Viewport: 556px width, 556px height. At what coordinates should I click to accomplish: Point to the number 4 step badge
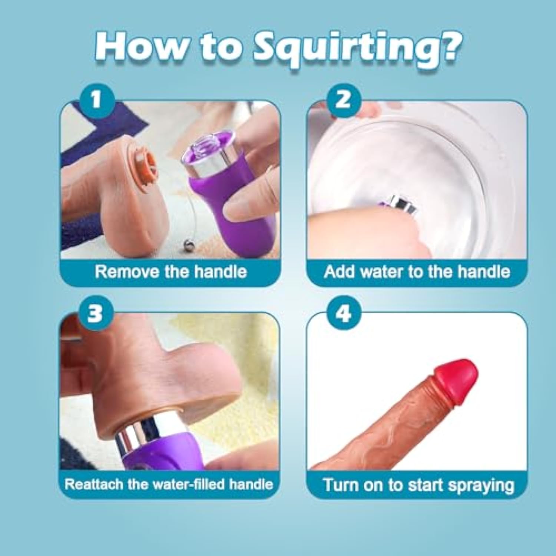pos(343,313)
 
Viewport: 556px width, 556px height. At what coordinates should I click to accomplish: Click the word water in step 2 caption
pos(382,272)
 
